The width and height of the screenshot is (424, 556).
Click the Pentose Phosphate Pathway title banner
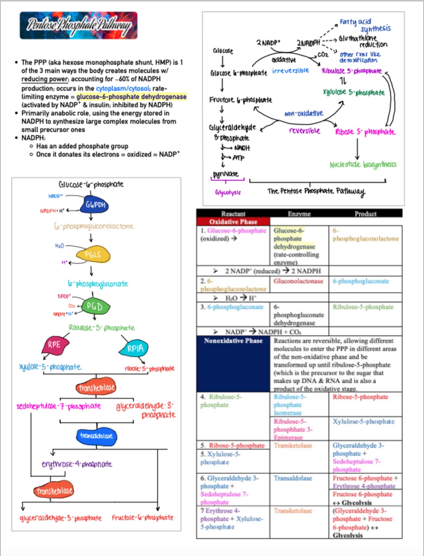tap(78, 25)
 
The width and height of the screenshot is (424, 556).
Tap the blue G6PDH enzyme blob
tap(94, 204)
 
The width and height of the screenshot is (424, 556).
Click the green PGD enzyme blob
tap(95, 306)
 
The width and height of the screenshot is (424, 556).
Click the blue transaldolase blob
tap(96, 436)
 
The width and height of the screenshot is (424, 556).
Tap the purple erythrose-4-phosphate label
tap(77, 464)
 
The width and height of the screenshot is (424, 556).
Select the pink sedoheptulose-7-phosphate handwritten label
tap(58, 406)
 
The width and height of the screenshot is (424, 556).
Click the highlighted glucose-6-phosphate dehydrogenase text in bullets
tap(131, 97)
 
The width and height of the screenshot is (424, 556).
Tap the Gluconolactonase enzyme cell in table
tap(299, 281)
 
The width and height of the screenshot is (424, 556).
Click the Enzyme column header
tap(299, 214)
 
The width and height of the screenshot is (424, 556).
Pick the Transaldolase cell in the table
tap(293, 478)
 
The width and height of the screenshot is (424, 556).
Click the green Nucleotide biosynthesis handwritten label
tap(363, 165)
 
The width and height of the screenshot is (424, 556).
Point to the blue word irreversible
tap(291, 71)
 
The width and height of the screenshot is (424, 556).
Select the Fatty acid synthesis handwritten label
tap(365, 25)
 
